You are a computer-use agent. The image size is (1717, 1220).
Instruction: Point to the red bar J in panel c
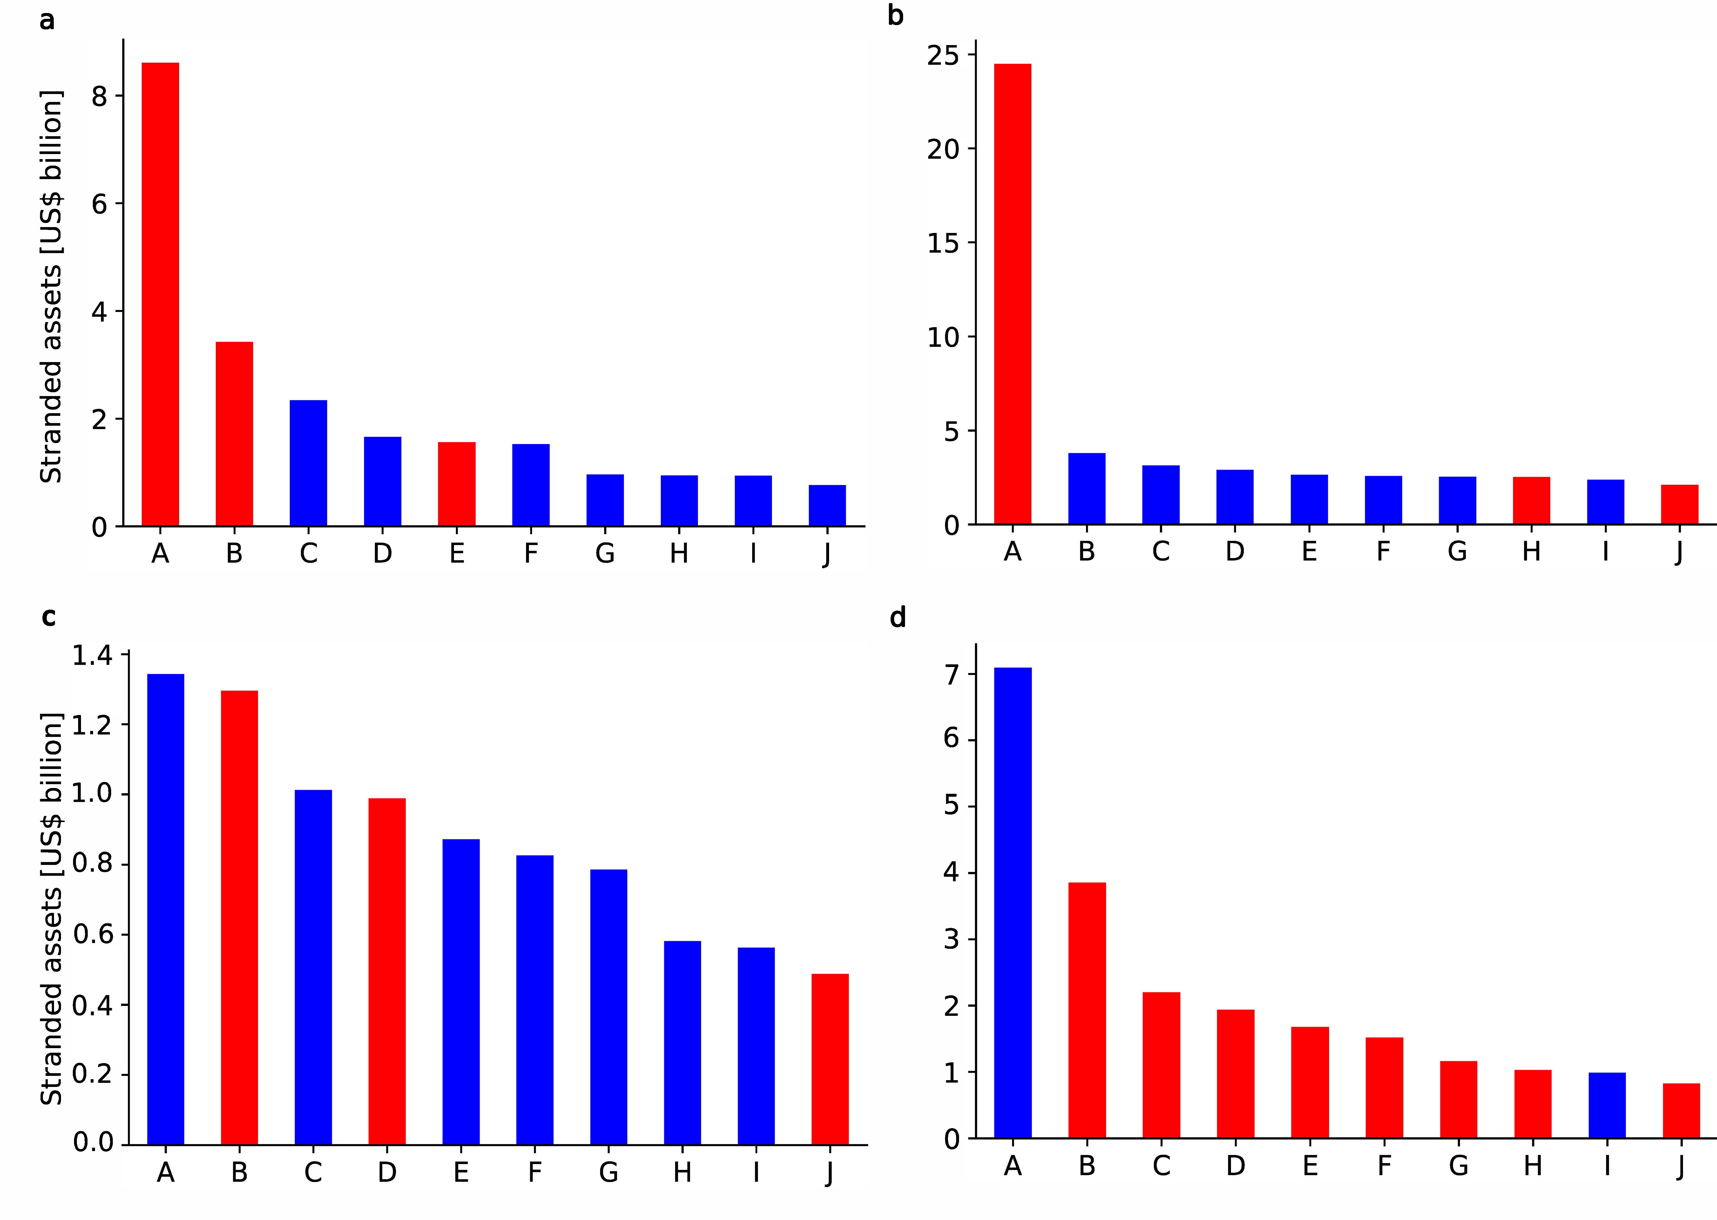click(830, 1059)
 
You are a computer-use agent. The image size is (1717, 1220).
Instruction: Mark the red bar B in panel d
click(1087, 1011)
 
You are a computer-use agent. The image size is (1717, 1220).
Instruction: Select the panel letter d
click(898, 618)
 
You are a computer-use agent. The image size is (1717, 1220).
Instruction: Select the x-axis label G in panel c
click(608, 1172)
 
